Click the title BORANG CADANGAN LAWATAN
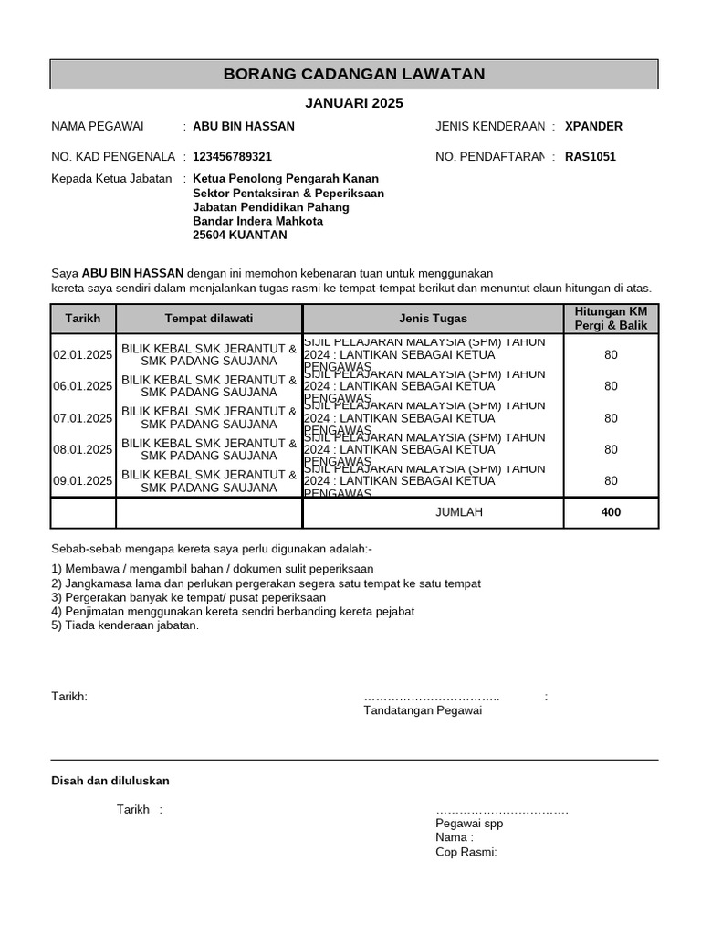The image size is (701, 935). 354,74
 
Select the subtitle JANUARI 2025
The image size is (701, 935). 353,103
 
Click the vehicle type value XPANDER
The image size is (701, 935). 593,126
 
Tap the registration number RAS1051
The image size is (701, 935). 591,156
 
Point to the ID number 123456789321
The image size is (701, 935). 232,157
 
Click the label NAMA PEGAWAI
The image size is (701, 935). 90,126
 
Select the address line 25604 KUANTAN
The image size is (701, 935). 239,235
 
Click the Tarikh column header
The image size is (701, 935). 83,319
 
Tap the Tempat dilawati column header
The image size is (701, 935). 209,319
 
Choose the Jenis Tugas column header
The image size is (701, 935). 433,319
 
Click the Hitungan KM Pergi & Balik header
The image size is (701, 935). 611,319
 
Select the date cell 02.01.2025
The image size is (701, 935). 83,355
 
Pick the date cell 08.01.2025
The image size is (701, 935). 83,449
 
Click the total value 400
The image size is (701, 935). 611,512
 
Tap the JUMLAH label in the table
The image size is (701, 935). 459,512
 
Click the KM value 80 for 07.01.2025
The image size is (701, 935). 611,418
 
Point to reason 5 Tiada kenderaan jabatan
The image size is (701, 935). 125,625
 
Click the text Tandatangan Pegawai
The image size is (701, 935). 422,710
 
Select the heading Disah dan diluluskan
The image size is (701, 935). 110,781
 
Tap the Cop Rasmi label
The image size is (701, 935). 466,852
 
